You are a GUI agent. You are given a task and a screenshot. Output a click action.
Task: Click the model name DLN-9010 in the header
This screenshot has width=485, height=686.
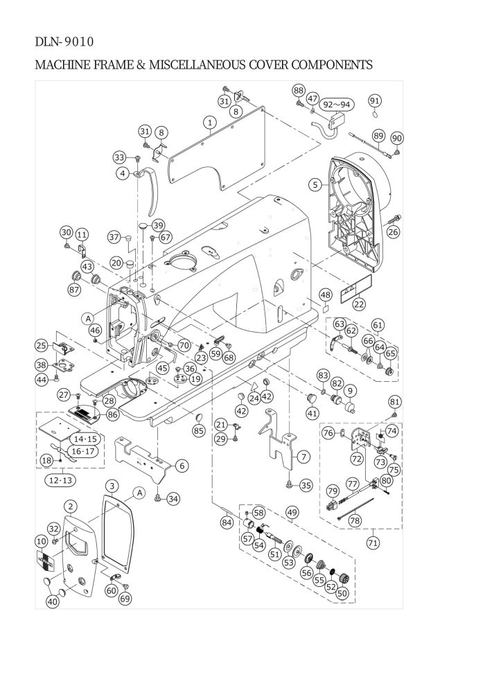[64, 42]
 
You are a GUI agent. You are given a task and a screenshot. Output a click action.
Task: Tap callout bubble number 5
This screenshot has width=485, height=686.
[315, 184]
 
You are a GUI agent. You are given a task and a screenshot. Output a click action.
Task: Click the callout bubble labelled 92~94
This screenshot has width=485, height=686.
[337, 105]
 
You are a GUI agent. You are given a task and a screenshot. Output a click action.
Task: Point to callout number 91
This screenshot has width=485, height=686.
[375, 100]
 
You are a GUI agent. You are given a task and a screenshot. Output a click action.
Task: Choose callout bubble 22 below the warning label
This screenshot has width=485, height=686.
[359, 304]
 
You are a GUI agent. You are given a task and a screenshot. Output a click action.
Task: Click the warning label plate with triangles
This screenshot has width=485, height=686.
[356, 289]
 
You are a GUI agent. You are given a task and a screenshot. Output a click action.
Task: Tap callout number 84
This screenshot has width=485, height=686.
[227, 522]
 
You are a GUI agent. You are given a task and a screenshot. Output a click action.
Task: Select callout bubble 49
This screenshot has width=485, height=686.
[292, 512]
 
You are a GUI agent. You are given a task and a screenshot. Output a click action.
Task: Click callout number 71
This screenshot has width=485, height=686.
[373, 543]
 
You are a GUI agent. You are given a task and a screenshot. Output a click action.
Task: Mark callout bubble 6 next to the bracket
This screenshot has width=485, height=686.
[182, 466]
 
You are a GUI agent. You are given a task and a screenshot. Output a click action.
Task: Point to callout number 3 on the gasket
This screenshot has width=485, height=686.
[112, 486]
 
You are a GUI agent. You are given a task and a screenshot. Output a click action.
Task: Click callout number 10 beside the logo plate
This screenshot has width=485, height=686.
[41, 542]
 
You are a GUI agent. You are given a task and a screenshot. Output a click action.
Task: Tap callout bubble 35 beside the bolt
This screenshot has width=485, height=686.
[306, 485]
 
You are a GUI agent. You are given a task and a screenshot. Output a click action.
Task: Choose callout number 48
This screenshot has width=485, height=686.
[326, 295]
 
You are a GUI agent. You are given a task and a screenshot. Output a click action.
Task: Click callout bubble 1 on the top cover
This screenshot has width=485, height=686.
[211, 122]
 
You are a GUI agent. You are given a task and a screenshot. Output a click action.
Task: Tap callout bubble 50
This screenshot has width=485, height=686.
[342, 593]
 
